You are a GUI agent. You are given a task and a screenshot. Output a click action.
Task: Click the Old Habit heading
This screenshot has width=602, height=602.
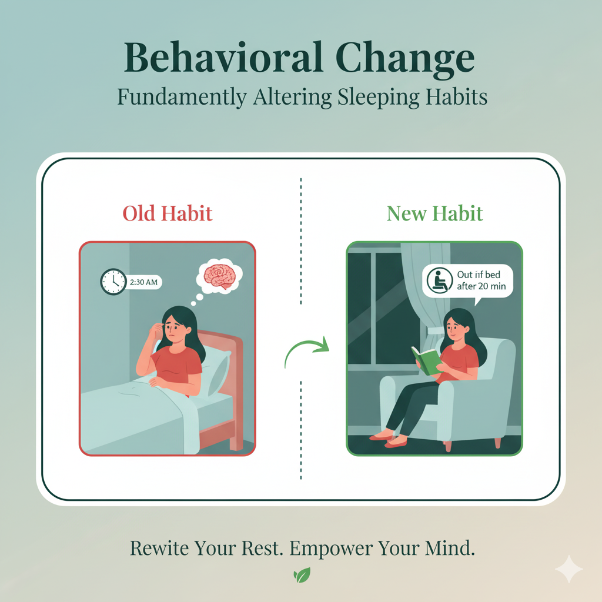pos(167,213)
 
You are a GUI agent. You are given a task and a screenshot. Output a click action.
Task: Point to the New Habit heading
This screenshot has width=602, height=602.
pos(434,213)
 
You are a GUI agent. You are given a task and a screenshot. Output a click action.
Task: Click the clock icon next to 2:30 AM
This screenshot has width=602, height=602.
pos(113,282)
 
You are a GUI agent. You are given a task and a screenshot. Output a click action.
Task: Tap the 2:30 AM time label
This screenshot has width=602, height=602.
pos(144,282)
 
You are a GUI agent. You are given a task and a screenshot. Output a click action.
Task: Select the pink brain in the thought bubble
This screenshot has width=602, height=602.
pos(218,275)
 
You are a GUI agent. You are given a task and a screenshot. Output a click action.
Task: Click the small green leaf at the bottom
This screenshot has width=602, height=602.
pos(302,574)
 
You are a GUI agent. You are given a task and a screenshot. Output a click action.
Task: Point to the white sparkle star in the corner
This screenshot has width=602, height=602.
pos(569,570)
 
